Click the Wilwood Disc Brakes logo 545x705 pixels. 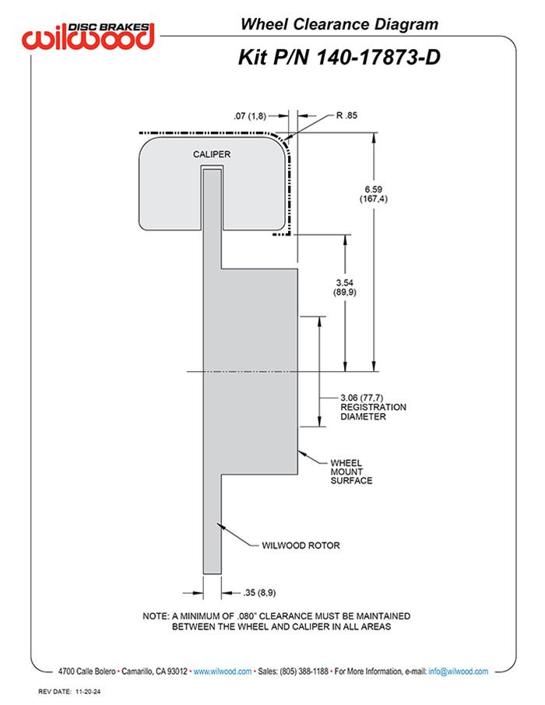[x=88, y=36]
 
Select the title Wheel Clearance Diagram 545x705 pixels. [x=339, y=24]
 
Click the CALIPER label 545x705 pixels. [x=212, y=154]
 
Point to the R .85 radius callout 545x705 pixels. [x=346, y=115]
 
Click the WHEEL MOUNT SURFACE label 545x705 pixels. [x=351, y=472]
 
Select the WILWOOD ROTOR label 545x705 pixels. [x=301, y=545]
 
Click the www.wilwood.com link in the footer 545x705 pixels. [x=223, y=672]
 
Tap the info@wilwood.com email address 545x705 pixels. [x=458, y=672]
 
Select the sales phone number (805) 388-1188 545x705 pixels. [x=304, y=672]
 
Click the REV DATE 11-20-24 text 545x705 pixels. [x=69, y=692]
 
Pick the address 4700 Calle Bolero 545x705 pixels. [x=87, y=672]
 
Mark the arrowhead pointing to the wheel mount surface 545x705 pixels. [x=302, y=453]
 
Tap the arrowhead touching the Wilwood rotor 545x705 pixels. [x=220, y=525]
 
